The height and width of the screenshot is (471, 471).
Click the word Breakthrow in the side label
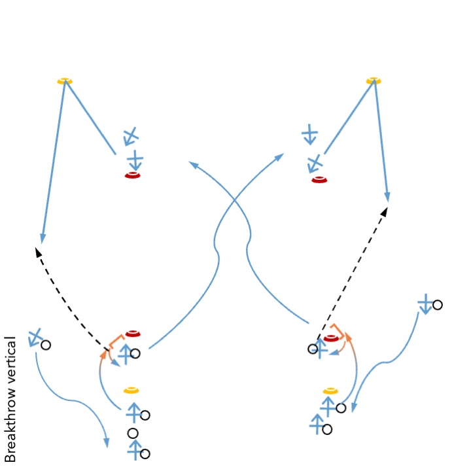10,425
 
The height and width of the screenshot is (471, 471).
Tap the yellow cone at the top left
65,81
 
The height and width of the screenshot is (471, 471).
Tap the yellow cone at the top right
374,80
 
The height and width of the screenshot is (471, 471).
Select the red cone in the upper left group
132,175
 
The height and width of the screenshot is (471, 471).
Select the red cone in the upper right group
319,180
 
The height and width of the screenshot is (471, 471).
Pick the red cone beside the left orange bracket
133,334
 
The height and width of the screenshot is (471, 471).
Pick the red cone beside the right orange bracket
331,338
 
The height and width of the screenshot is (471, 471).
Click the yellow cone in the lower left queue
131,390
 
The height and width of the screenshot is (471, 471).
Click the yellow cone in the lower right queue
330,391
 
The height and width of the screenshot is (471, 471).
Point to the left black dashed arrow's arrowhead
38,252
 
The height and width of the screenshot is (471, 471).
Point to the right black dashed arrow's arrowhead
385,212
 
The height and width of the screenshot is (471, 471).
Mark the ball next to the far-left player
46,345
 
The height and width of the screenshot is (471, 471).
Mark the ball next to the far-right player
438,305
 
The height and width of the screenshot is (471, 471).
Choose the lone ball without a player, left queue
133,434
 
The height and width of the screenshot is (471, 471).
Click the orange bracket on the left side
115,341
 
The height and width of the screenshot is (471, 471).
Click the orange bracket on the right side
339,330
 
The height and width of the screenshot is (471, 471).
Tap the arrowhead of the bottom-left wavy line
107,442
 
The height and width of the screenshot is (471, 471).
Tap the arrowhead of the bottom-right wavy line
354,408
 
